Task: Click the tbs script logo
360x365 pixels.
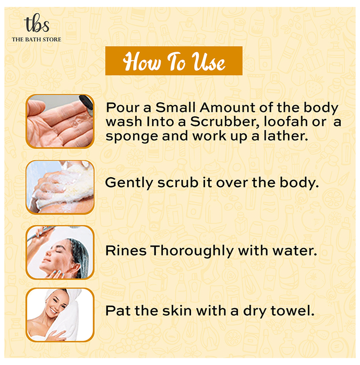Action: pyautogui.click(x=37, y=23)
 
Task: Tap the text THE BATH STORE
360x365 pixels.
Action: pyautogui.click(x=37, y=40)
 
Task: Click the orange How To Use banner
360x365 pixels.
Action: pyautogui.click(x=174, y=61)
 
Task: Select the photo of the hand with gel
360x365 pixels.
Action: pyautogui.click(x=60, y=121)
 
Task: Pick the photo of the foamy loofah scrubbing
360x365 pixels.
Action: pyautogui.click(x=60, y=187)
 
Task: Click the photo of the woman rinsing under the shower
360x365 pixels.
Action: pyautogui.click(x=60, y=252)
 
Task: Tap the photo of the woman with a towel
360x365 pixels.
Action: pyautogui.click(x=60, y=315)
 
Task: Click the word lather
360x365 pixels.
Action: pyautogui.click(x=286, y=136)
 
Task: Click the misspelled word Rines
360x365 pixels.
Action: pyautogui.click(x=126, y=251)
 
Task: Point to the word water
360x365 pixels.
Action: pyautogui.click(x=295, y=251)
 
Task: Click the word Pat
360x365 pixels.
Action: pyautogui.click(x=118, y=311)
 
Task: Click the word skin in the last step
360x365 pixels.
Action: pyautogui.click(x=177, y=311)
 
